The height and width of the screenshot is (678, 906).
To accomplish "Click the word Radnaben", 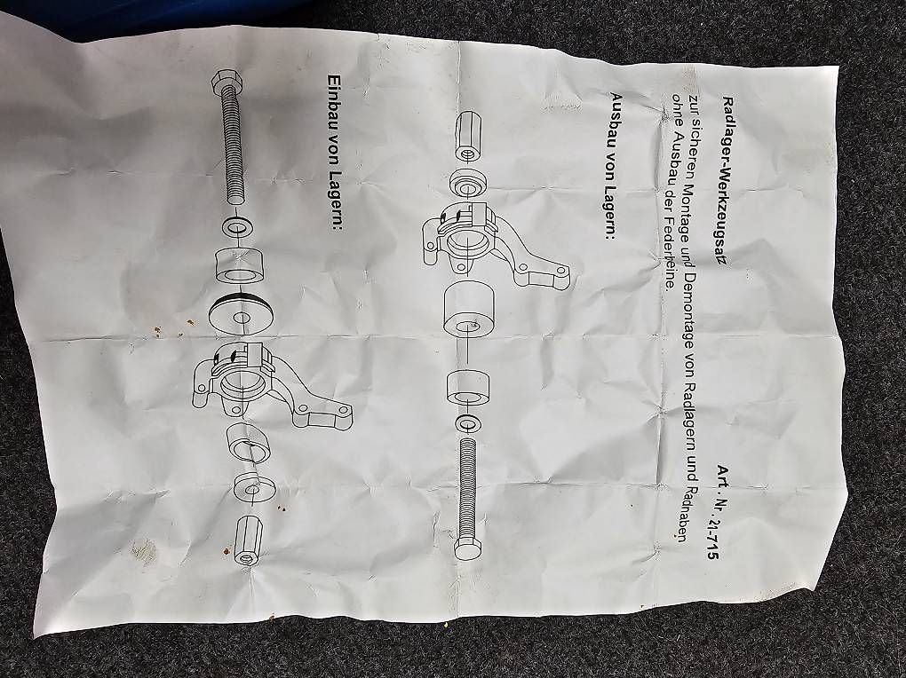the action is (x=682, y=508).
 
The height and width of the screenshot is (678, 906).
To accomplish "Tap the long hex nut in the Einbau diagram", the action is (x=249, y=540).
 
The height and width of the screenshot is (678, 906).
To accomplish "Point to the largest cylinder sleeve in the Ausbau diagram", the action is (x=468, y=310).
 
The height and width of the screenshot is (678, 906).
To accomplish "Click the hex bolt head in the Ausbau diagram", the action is (x=467, y=548).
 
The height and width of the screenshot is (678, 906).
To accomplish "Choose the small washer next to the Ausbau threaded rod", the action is (x=467, y=423).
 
